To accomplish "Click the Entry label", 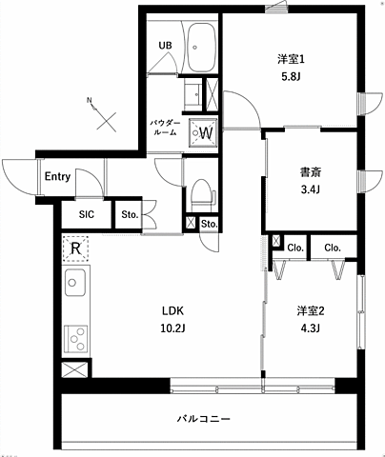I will pyautogui.click(x=57, y=177).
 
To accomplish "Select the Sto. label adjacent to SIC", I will pyautogui.click(x=130, y=215).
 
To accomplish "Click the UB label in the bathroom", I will pyautogui.click(x=165, y=44).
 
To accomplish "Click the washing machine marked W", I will pyautogui.click(x=204, y=132).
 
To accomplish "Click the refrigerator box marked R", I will pyautogui.click(x=75, y=249).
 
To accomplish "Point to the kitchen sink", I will pyautogui.click(x=75, y=284).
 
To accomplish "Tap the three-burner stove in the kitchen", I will pyautogui.click(x=75, y=338).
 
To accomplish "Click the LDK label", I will pyautogui.click(x=172, y=311).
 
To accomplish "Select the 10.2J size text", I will pyautogui.click(x=172, y=329).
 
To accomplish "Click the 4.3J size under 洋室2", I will pyautogui.click(x=310, y=329).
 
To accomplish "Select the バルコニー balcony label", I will pyautogui.click(x=203, y=419).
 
